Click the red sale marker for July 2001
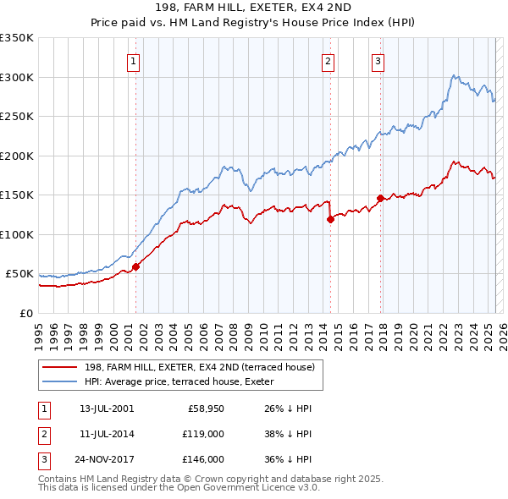[x=135, y=266]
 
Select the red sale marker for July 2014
[x=330, y=219]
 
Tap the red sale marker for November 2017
[x=380, y=198]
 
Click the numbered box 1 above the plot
[x=135, y=60]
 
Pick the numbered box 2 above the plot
[x=328, y=60]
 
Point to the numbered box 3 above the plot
[x=378, y=60]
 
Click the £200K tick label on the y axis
[x=17, y=156]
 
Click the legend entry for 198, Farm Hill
[x=200, y=367]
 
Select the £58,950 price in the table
[x=204, y=409]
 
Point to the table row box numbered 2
[x=43, y=434]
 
